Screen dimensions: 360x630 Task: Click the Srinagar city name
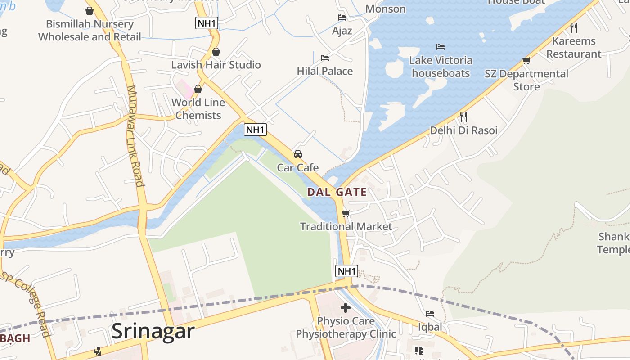coord(153,331)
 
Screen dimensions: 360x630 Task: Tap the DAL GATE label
coord(337,193)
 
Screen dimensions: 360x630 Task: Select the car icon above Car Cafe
coord(297,154)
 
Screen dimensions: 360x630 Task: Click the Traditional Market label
coord(346,226)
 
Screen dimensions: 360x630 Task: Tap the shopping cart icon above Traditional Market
coord(346,213)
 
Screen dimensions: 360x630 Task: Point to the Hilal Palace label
coord(324,71)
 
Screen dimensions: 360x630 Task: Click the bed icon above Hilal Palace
coord(324,58)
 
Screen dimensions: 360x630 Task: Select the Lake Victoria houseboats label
coord(441,67)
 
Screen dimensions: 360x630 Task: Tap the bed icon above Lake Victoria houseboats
coord(441,47)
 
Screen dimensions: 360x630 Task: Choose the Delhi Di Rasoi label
coord(463,130)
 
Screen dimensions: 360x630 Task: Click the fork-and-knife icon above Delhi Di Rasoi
coord(463,117)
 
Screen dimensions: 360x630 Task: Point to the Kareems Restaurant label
coord(574,47)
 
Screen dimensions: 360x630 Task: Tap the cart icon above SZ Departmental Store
coord(526,60)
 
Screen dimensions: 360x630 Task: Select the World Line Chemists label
coord(198,108)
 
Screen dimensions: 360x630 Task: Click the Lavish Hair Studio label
coord(216,65)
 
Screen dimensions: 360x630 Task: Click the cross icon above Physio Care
coord(346,308)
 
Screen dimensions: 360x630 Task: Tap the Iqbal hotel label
coord(430,327)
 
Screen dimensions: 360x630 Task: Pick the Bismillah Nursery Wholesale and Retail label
coord(90,30)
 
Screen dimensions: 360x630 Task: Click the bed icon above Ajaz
coord(342,18)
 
